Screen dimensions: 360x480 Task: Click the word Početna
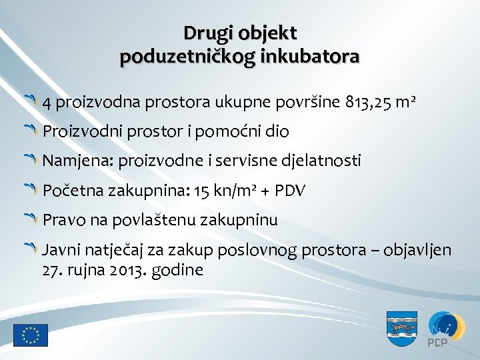tap(71, 191)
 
